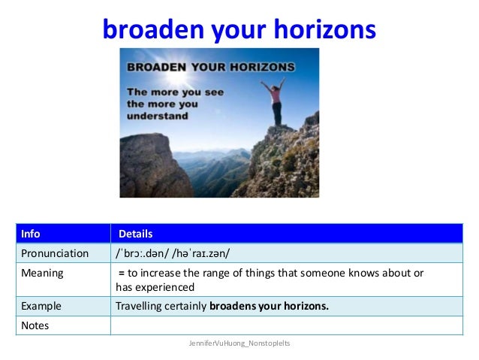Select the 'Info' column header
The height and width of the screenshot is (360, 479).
point(31,234)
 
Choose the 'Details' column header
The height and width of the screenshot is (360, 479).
point(135,234)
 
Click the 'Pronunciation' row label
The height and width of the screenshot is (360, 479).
point(55,253)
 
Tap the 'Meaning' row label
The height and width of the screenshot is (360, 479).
point(42,273)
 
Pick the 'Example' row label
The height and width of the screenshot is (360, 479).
point(41,306)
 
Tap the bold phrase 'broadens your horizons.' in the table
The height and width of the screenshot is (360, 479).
point(269,306)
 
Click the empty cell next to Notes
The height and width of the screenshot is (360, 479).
point(285,325)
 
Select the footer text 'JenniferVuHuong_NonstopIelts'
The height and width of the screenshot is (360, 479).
point(239,343)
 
